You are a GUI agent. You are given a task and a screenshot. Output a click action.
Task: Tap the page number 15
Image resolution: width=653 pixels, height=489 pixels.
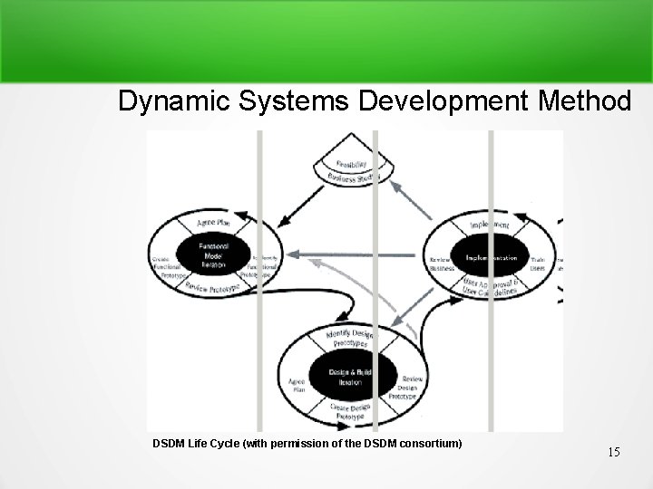point(614,451)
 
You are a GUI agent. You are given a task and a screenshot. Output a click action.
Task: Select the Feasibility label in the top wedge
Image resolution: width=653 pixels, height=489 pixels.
point(352,166)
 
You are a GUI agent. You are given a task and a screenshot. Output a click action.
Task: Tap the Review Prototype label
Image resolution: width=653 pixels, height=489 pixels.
point(211,288)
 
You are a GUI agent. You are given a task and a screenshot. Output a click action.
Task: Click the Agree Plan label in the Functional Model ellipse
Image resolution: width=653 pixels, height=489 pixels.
point(212,222)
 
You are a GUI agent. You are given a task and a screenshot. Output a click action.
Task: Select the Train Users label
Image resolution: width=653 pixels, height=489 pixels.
point(538,263)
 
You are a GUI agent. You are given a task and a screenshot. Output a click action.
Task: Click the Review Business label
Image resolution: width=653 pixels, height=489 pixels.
point(441,264)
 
